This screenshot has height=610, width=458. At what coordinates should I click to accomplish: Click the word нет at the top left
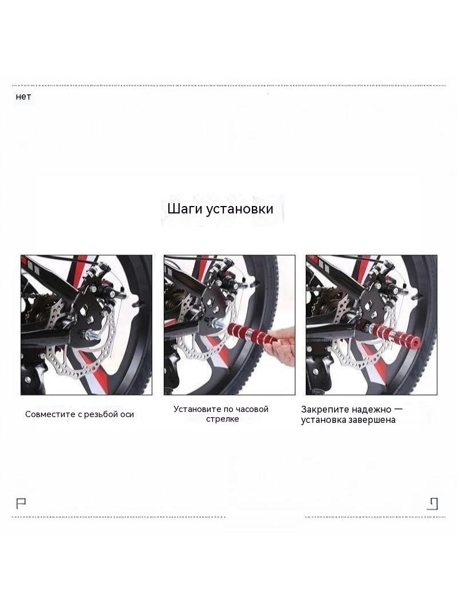tap(23, 97)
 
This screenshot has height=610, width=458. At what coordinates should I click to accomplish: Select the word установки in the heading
tap(239, 209)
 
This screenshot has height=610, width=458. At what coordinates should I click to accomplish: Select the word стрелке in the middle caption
tap(222, 419)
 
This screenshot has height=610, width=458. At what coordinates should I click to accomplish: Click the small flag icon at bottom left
tap(21, 504)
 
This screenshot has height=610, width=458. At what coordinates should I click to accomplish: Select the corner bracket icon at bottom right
tap(433, 504)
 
